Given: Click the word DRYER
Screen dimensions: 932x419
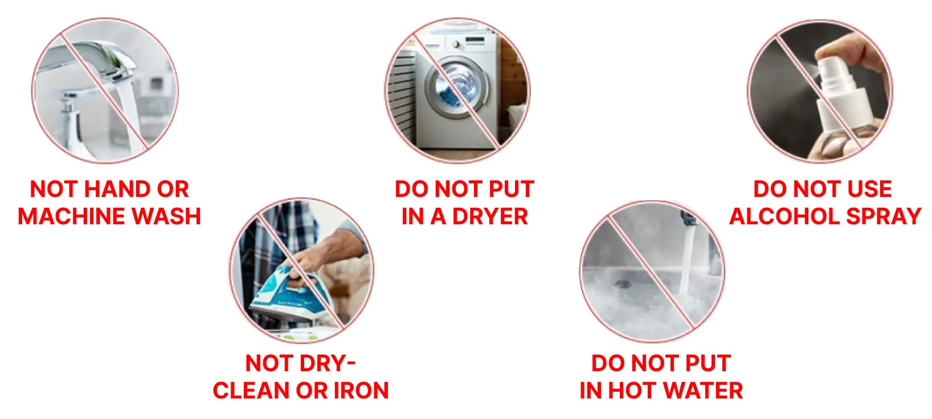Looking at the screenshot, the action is (490, 216).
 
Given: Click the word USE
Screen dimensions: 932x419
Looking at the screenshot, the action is (869, 189).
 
